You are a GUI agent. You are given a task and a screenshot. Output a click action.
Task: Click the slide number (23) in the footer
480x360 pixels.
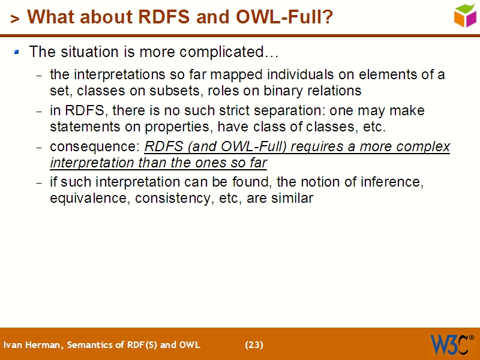point(254,345)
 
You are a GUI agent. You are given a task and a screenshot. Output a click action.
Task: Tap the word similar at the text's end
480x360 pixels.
point(292,199)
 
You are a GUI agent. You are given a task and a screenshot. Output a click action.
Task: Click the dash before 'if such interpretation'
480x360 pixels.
point(40,183)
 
